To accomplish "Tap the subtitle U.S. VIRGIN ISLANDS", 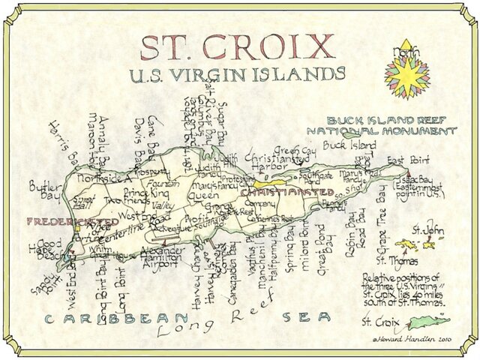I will (237, 74).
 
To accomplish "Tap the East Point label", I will (406, 160).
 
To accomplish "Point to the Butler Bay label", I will (46, 193).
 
